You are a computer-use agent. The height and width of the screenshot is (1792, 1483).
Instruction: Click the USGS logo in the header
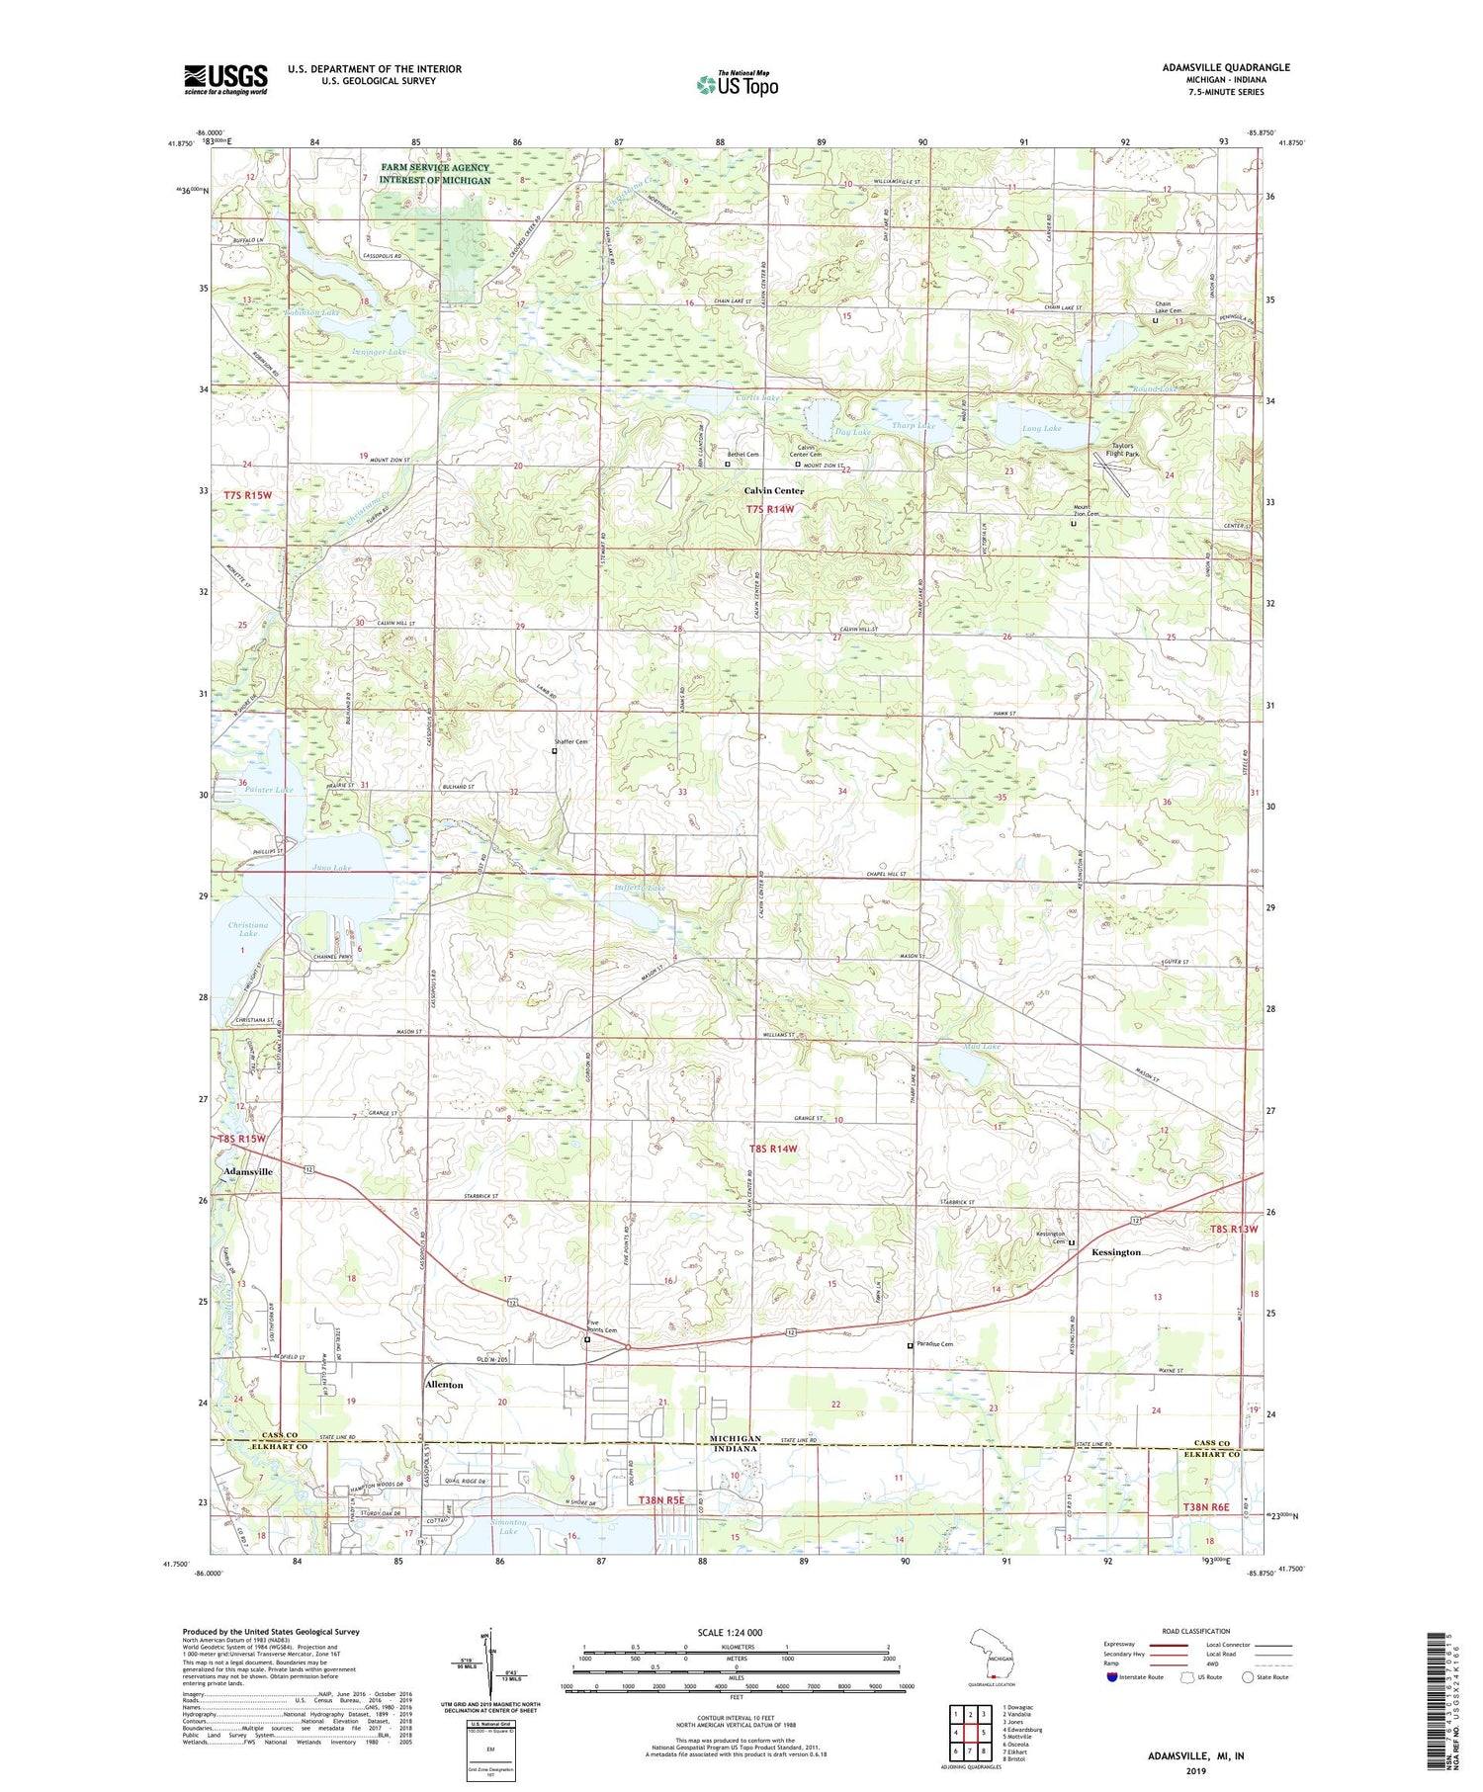coord(225,79)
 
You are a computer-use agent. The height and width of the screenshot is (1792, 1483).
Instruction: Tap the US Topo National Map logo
coord(737,84)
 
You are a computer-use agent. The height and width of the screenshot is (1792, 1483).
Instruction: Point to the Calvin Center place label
coord(774,490)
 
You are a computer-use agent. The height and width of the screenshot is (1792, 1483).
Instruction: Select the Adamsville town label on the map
coord(248,1171)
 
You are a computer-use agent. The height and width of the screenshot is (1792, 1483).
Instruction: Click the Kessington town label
coord(1115,1252)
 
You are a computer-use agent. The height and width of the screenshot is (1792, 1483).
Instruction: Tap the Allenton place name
coord(444,1385)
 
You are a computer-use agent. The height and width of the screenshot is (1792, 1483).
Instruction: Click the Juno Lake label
coord(331,868)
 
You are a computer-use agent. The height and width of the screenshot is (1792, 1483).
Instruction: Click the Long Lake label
coord(1041,428)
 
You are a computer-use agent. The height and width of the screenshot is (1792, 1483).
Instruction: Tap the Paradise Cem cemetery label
coord(934,1344)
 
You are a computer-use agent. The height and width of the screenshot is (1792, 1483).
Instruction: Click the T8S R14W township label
coord(772,1149)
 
